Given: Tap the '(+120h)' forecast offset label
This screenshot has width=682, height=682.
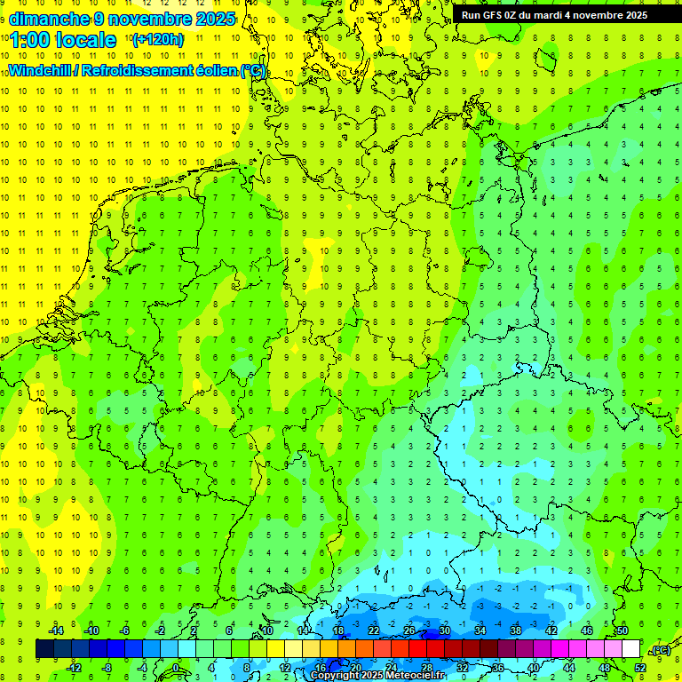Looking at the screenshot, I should [158, 39].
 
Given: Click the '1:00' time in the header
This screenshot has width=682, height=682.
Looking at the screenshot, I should [30, 40].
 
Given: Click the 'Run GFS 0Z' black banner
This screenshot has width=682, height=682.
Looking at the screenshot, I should [554, 15].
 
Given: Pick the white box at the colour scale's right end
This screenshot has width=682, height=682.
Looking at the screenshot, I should [630, 649].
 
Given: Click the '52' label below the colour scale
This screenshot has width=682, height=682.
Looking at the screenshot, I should [639, 668].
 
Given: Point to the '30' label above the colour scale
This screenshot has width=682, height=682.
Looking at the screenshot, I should [445, 630].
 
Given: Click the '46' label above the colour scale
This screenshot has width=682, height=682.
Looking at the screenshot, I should [586, 630].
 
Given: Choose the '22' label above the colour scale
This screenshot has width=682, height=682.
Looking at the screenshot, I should [374, 630].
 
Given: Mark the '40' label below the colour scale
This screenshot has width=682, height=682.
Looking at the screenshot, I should [533, 668].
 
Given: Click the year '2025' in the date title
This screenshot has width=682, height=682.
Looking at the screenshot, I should [214, 19].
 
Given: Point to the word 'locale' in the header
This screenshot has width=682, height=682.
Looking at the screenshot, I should [86, 40].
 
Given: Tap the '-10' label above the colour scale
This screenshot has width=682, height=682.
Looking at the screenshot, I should [91, 630].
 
